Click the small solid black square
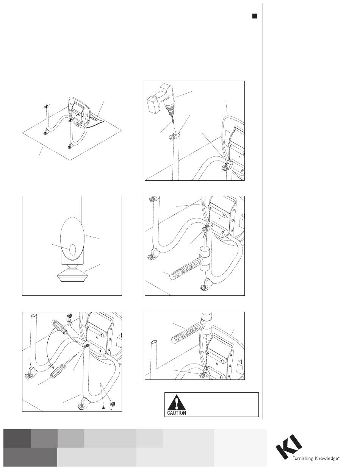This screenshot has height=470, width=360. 255,16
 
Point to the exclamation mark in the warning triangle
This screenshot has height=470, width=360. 177,402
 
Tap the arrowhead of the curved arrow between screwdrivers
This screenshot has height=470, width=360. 52,366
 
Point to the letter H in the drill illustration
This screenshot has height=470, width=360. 239,156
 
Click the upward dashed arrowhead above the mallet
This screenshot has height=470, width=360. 205,236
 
